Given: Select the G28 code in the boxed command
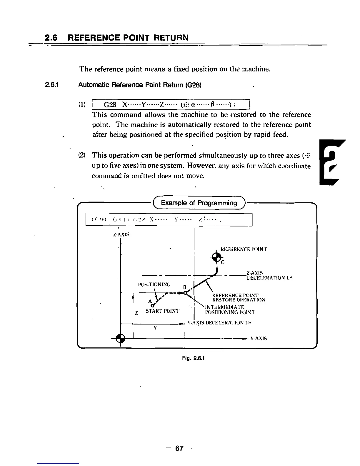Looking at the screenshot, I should (x=111, y=105).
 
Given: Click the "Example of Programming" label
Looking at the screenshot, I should (x=199, y=203).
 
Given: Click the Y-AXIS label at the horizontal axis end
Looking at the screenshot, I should (x=259, y=339).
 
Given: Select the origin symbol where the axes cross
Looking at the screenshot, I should (x=120, y=339).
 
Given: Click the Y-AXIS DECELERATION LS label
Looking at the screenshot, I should (x=219, y=323).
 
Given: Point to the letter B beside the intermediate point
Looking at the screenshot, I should (x=185, y=287).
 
